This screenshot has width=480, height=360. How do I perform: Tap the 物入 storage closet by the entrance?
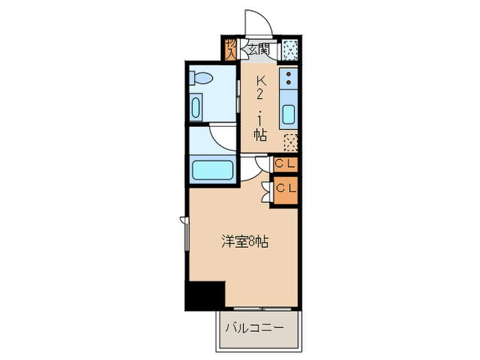[x=231, y=49]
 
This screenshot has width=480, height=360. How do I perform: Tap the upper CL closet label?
[x=285, y=165]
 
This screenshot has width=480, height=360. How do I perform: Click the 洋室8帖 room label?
[x=245, y=241]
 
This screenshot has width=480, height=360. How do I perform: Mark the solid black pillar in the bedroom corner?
[x=205, y=295]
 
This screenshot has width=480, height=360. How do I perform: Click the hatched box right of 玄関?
[x=291, y=49]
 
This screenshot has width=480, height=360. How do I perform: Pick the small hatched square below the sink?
[x=291, y=141]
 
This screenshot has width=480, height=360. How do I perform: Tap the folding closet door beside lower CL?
[x=265, y=191]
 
